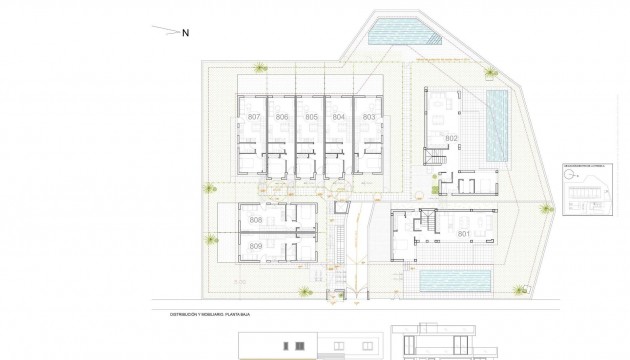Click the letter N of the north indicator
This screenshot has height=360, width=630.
click(186, 32)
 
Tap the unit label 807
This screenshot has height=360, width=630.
click(253, 118)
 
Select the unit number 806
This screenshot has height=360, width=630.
click(282, 118)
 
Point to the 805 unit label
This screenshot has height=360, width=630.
click(311, 118)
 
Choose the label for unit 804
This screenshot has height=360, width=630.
click(339, 118)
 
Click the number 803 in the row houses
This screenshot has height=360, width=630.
click(368, 118)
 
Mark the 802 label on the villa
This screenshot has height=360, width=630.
click(451, 138)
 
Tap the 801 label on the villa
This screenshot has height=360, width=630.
click(462, 234)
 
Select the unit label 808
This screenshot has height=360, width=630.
click(255, 221)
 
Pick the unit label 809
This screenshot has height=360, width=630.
click(255, 246)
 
